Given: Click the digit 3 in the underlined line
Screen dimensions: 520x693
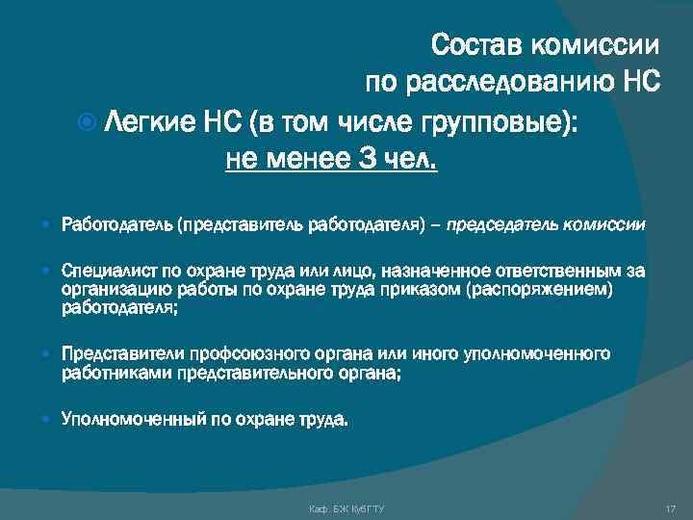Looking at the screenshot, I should point(368,157).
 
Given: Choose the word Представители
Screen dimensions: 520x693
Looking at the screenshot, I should point(119,355).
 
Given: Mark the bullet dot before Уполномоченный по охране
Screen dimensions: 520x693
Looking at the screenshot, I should point(48,419).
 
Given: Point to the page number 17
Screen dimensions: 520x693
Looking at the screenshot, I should point(671,507).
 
